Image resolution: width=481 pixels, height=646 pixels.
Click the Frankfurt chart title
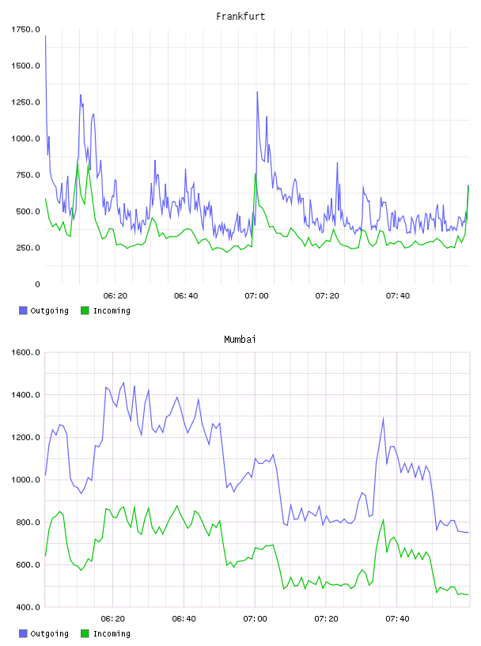click(240, 17)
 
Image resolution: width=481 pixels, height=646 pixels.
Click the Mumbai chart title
click(240, 340)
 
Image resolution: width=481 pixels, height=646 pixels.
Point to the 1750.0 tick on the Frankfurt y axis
click(25, 29)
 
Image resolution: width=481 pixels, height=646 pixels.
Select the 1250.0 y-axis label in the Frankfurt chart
click(25, 102)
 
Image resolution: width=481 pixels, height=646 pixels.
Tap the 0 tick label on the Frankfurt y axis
click(37, 284)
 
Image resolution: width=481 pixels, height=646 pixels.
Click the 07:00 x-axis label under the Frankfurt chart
click(256, 296)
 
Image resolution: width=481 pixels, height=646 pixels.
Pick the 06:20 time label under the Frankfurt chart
click(116, 296)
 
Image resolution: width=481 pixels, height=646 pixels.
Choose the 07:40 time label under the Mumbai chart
click(397, 619)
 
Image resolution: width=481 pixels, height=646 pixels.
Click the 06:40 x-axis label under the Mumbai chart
click(184, 619)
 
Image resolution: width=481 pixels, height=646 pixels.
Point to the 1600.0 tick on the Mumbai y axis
click(25, 352)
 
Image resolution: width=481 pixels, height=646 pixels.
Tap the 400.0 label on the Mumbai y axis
click(28, 607)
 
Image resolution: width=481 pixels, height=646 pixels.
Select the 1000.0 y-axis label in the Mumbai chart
click(25, 480)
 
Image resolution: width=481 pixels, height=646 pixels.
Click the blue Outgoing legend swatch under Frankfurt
click(23, 310)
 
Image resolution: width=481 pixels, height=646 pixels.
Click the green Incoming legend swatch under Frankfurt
click(85, 310)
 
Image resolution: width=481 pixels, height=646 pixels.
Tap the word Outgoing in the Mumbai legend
click(49, 633)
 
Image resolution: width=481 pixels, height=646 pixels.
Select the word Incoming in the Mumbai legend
click(112, 633)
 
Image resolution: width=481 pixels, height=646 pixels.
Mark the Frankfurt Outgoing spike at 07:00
click(257, 92)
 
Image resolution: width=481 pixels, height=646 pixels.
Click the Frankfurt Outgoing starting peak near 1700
click(45, 36)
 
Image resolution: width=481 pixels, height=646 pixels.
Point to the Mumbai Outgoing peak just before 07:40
click(384, 419)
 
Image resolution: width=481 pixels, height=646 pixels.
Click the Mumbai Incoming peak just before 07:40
click(384, 520)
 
